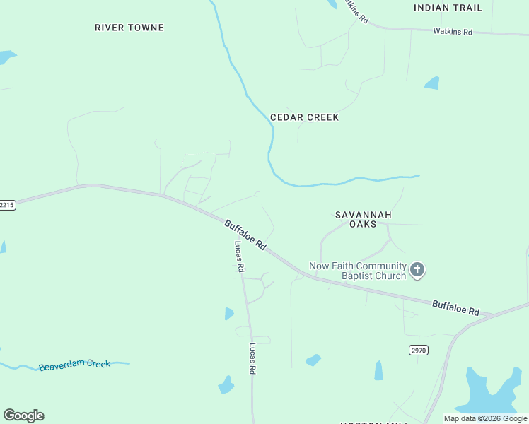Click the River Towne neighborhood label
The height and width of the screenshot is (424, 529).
(x=129, y=28)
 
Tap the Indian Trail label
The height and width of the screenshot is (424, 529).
(x=448, y=8)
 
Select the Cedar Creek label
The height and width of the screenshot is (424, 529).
(x=304, y=117)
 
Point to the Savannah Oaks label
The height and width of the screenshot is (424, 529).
(x=363, y=218)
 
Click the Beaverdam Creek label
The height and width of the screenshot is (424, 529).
(x=74, y=365)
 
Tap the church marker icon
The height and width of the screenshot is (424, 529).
(x=417, y=269)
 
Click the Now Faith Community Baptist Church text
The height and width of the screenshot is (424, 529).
(x=357, y=271)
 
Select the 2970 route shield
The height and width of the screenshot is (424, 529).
(x=419, y=350)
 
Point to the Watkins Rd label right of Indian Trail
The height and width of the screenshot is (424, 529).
(x=453, y=32)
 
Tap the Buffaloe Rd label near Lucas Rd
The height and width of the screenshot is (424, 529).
(x=245, y=235)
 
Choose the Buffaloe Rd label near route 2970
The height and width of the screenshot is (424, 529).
(x=455, y=307)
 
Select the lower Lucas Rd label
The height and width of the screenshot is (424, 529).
(x=252, y=359)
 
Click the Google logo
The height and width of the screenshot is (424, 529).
(x=23, y=416)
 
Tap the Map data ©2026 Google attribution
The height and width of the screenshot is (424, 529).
(x=485, y=418)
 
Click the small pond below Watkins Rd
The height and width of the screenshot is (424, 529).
(x=431, y=83)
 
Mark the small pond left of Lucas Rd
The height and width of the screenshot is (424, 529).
(x=228, y=313)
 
